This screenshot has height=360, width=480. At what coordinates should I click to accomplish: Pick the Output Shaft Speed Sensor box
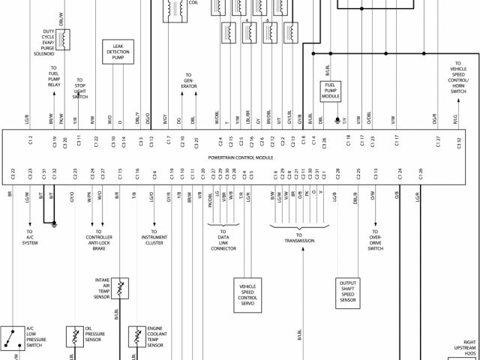pos(348,293)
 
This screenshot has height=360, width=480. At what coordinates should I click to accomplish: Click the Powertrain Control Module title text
pos(240,158)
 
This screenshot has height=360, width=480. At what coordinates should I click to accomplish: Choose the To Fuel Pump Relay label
pos(54,76)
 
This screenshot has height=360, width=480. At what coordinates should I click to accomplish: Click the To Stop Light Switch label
pos(80,88)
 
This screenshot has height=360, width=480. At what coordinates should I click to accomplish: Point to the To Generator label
pos(187,81)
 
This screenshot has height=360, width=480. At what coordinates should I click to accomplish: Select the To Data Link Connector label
pos(223,240)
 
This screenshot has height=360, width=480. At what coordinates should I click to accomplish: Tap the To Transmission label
pos(298,238)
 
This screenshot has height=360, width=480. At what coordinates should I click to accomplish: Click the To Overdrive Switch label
pos(375,240)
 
